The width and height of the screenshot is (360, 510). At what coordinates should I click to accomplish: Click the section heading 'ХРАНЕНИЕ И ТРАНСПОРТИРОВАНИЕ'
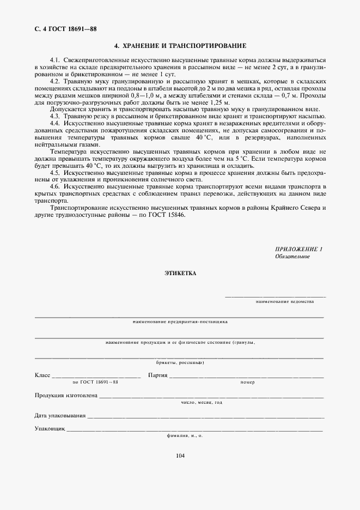(180, 45)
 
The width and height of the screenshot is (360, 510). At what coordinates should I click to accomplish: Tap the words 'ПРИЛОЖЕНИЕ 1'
(299, 249)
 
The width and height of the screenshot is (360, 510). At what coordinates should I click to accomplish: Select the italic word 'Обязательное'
(292, 256)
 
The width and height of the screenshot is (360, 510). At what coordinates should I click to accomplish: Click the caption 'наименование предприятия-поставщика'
(180, 321)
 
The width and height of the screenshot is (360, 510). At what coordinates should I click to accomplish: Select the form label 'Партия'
(157, 375)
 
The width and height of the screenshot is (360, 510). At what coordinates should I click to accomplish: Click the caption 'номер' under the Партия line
(247, 382)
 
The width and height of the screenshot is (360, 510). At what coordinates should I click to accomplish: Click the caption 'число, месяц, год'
(202, 403)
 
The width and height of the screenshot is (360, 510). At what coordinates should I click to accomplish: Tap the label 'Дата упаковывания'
(60, 416)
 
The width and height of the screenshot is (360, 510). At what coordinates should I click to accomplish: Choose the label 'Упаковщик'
(50, 429)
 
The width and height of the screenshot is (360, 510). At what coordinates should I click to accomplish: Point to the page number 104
(180, 456)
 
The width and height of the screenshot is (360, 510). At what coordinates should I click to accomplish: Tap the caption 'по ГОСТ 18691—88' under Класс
(95, 382)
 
